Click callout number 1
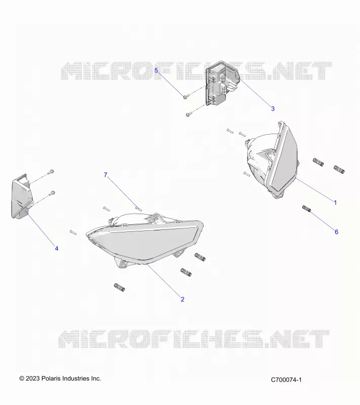[335, 202]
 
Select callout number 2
[182, 299]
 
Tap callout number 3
[273, 109]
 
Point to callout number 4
[57, 248]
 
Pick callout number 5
[156, 70]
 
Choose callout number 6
[336, 232]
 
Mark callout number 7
[105, 175]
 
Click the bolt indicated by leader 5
[186, 97]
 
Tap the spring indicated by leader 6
[306, 209]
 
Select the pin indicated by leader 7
[139, 208]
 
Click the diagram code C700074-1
[286, 380]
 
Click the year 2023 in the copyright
[33, 378]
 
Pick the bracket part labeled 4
[22, 196]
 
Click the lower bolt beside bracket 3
[189, 114]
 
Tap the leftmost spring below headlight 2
[119, 287]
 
